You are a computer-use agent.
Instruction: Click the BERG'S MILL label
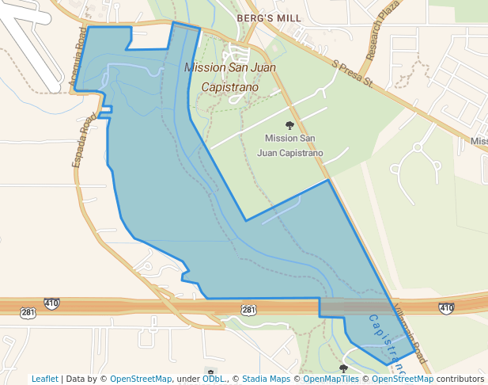pos(259,16)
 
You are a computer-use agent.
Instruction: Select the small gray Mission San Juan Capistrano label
pos(290,145)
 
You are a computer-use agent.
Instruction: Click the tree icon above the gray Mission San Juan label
pos(290,125)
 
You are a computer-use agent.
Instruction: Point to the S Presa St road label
pos(351,71)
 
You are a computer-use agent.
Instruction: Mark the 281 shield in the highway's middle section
pos(248,309)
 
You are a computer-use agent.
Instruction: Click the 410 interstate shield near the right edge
pos(446,307)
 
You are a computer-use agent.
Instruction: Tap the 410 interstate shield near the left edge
pos(52,303)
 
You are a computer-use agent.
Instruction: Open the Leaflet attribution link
pos(44,379)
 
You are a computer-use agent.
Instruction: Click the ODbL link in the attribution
pos(213,379)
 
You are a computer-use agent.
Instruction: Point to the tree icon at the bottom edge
pos(343,369)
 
